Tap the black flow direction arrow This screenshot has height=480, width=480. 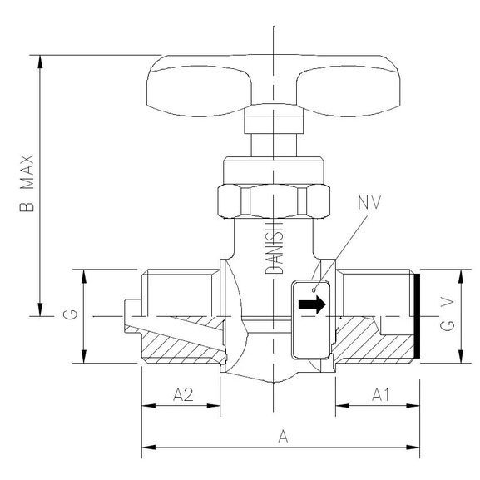[310, 305]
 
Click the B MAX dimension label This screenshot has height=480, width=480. [27, 185]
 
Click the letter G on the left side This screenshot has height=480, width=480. [72, 315]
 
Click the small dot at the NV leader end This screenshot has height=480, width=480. [314, 289]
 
